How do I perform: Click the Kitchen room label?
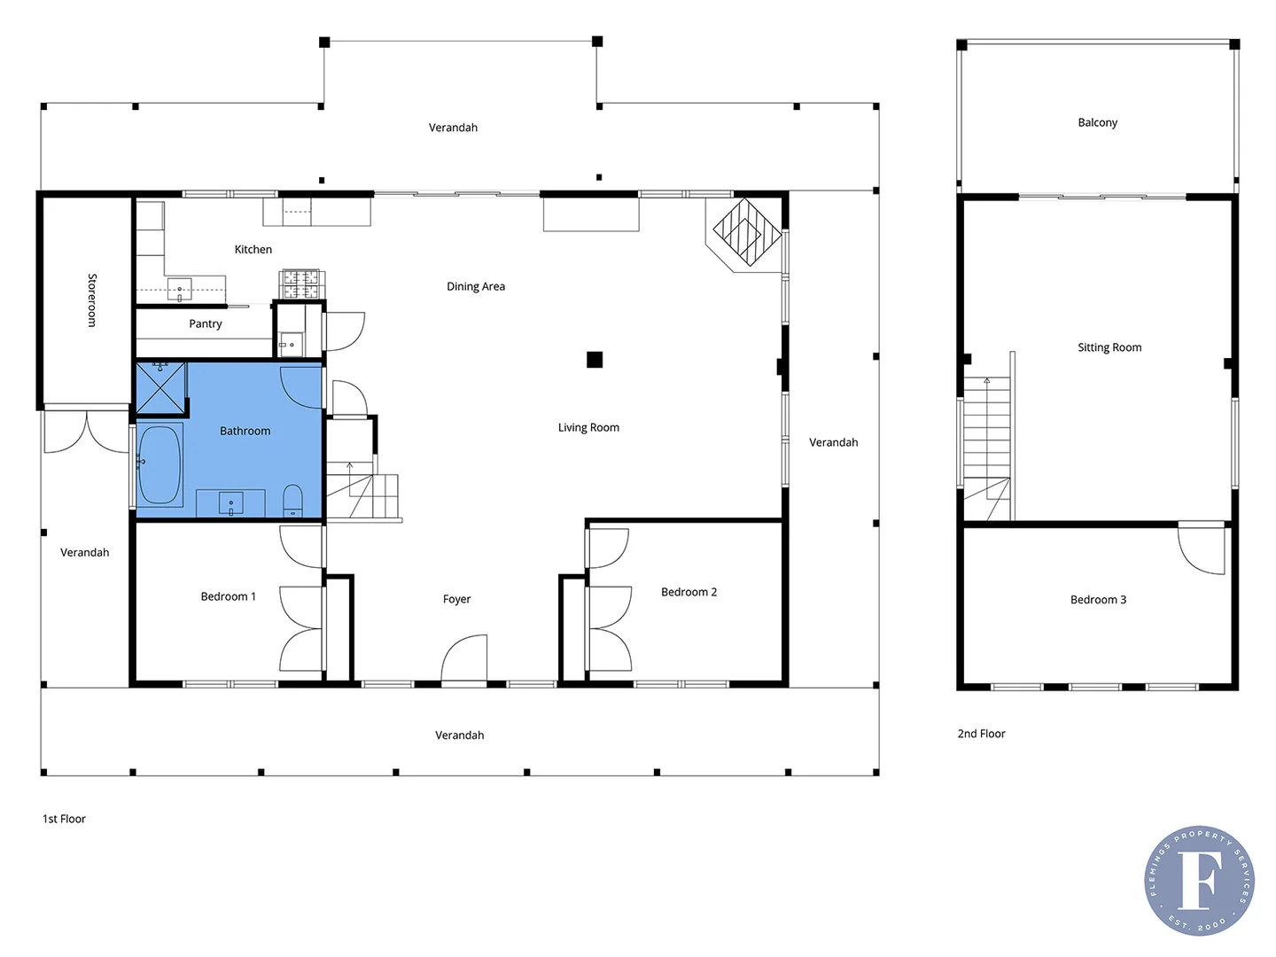click(253, 250)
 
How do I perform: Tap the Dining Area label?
click(476, 286)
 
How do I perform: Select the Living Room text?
click(588, 427)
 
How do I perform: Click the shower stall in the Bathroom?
click(160, 388)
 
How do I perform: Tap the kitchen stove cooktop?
click(301, 284)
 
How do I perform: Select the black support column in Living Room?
click(595, 359)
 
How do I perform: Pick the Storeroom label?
click(91, 300)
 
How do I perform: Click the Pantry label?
click(206, 324)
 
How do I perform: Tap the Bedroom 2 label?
click(689, 592)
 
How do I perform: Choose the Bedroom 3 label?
click(1098, 600)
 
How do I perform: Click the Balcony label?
click(1097, 122)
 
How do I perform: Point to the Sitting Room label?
click(1109, 347)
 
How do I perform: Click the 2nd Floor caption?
click(981, 734)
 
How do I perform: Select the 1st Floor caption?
click(64, 819)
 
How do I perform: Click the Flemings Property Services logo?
click(1199, 880)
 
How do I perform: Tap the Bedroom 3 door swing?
click(1202, 549)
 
